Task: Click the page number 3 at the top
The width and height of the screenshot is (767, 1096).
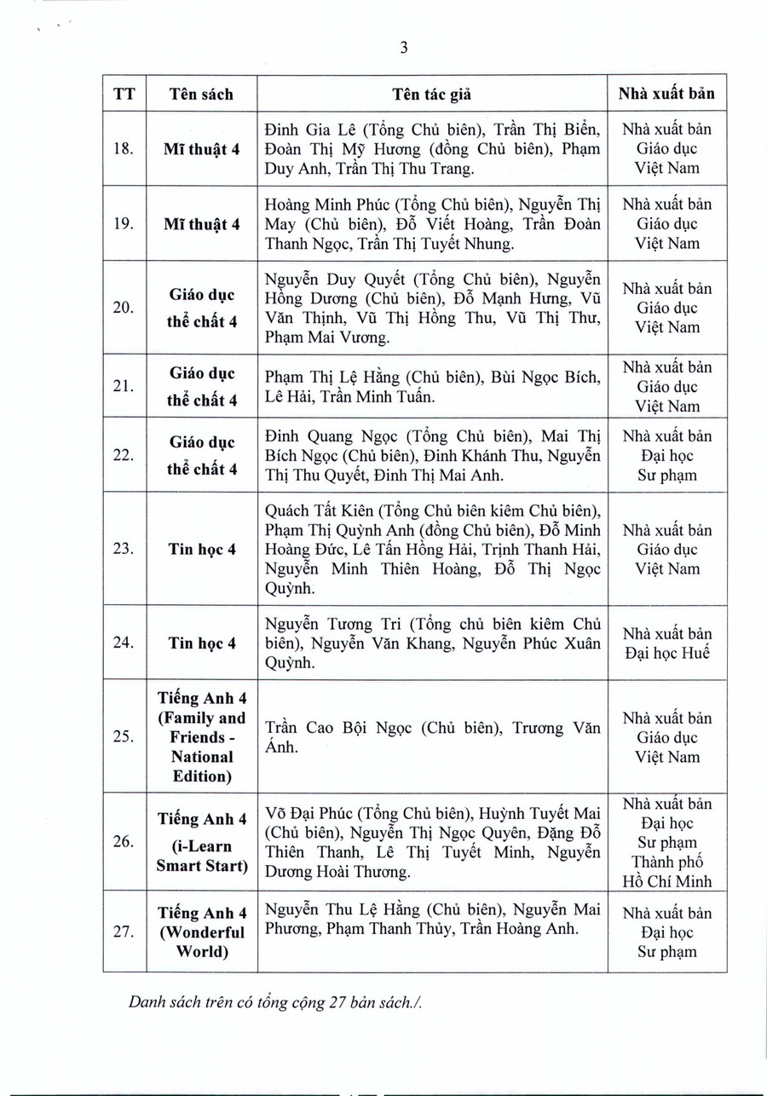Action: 404,49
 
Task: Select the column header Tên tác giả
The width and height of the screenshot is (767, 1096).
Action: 432,94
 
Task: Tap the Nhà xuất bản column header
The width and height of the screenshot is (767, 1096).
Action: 666,94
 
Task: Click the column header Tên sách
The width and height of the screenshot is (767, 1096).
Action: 201,94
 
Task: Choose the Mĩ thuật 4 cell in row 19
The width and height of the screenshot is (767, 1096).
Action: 201,224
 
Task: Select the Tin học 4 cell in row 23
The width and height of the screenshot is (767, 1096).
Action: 201,549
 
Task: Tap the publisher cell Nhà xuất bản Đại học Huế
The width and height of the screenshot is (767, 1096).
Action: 666,643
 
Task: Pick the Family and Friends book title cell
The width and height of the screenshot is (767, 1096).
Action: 201,736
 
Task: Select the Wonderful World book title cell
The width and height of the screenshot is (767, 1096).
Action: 201,932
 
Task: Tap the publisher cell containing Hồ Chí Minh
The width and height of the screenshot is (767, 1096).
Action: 666,842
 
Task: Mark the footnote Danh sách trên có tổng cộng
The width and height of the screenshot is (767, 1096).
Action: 276,1002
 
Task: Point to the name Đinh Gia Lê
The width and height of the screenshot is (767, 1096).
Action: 306,130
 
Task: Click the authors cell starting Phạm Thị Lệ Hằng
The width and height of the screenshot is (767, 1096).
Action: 432,385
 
